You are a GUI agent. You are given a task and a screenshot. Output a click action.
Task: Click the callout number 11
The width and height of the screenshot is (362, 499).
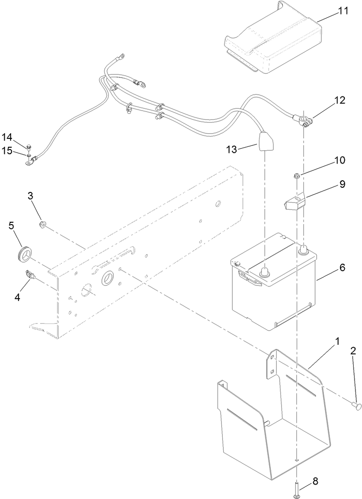[343, 11]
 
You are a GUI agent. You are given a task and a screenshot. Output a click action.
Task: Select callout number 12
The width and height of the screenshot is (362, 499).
[340, 100]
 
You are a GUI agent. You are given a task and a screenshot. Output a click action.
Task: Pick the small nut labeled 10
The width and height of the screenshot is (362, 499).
[296, 176]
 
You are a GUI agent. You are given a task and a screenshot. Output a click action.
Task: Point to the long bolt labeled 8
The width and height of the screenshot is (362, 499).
[296, 488]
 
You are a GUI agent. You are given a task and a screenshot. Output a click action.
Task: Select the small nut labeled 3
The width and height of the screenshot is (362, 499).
[43, 226]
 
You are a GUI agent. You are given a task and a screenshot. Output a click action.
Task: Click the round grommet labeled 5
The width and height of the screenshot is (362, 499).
[23, 253]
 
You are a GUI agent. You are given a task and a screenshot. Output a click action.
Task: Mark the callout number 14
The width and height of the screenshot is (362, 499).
[7, 137]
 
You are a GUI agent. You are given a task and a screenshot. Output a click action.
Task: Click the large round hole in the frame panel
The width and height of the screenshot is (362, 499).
[107, 278]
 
